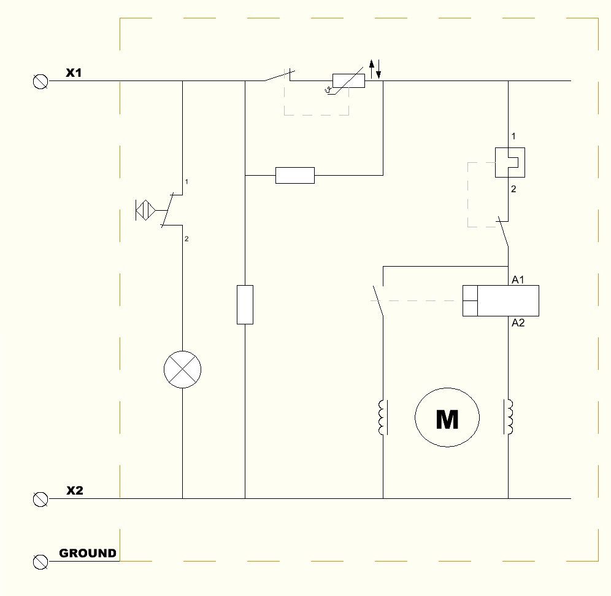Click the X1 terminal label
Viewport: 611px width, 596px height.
tap(74, 73)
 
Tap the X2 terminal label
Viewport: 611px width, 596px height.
tap(75, 490)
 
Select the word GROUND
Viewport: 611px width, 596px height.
tap(88, 553)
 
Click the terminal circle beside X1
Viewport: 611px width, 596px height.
tap(40, 81)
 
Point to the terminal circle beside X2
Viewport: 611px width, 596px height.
tap(40, 499)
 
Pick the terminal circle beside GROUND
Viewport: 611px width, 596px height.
tap(40, 561)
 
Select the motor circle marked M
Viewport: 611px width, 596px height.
tap(447, 418)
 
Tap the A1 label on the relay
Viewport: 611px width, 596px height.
tap(518, 280)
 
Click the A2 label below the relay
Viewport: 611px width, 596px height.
tap(518, 323)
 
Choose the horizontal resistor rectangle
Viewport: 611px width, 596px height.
tap(295, 175)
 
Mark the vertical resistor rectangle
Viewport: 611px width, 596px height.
tap(245, 304)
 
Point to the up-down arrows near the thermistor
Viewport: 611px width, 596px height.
tap(375, 67)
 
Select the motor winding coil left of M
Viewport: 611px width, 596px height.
tap(383, 418)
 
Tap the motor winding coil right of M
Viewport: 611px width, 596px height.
tap(509, 418)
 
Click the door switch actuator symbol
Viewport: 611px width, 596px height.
tap(145, 210)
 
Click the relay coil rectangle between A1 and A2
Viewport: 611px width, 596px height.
tap(501, 300)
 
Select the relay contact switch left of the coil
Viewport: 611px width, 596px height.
tap(378, 301)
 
